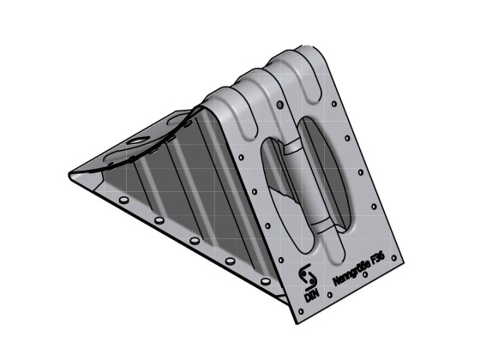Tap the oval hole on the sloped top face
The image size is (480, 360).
click(136, 139)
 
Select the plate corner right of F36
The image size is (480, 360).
click(409, 260)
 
